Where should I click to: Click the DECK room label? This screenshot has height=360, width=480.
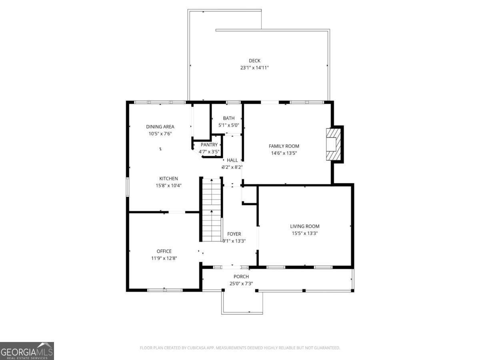[x=254, y=61]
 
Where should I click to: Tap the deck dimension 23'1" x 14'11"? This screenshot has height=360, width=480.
[x=254, y=68]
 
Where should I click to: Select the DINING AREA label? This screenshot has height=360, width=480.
[x=160, y=127]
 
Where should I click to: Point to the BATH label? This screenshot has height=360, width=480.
[x=229, y=118]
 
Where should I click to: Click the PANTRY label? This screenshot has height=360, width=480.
[x=209, y=145]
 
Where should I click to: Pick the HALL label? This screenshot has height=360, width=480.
[x=232, y=160]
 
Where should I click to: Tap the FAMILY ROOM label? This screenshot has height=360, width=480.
[x=284, y=146]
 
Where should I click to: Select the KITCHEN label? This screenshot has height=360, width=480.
[x=169, y=178]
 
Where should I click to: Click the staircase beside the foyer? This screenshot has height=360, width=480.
[x=211, y=210]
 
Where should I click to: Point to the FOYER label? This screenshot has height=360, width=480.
[x=234, y=234]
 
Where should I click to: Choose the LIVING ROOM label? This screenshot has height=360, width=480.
[x=305, y=226]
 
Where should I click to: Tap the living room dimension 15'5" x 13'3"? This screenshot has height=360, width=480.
[x=305, y=233]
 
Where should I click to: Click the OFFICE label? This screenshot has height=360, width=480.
[x=164, y=251]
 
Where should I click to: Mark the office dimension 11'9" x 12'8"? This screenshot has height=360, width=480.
[x=164, y=258]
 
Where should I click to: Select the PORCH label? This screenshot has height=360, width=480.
[x=241, y=276]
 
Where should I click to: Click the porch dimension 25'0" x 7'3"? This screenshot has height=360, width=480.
[x=241, y=284]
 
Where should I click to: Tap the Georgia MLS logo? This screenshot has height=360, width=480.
[x=27, y=351]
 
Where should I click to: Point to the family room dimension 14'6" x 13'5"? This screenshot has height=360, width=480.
[x=284, y=153]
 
